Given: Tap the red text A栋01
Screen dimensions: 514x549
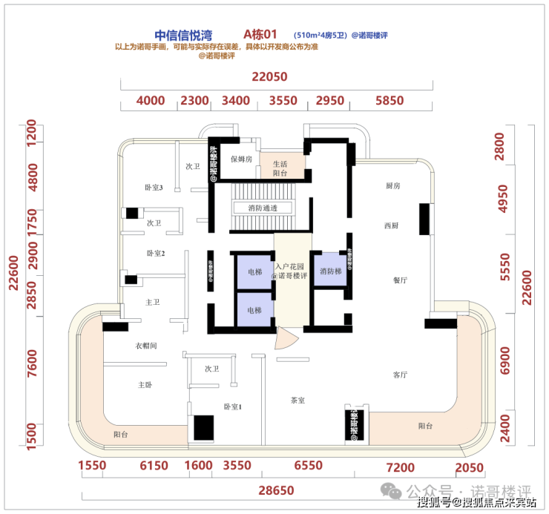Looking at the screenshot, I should pos(260,35).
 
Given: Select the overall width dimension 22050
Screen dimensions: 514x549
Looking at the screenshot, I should pos(269,76).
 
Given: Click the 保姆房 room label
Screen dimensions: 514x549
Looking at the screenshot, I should pos(242,159).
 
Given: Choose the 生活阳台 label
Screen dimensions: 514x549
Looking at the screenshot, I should pos(280,168).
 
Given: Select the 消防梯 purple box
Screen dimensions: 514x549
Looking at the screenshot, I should pos(331,271).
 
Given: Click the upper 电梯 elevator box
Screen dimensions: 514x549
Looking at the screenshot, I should pos(254,272).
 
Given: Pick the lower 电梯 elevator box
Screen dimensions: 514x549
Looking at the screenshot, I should pos(254,309).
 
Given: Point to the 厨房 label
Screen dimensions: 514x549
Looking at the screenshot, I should pos(392,185).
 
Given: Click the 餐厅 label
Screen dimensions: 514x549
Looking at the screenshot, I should pos(401,280).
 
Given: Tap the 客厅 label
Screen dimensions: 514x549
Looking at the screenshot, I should pos(401,375).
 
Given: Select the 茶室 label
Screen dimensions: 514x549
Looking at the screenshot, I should pos(298,400).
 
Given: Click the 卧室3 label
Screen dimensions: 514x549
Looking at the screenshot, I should pos(154,188).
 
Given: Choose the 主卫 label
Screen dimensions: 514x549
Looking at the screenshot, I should pos(153,302).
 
